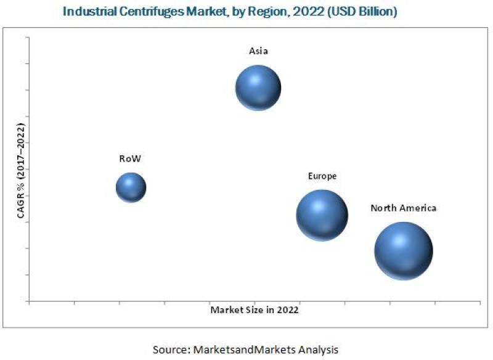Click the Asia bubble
(x=258, y=88)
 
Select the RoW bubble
(x=131, y=187)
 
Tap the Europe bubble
(x=322, y=215)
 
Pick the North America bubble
(x=403, y=250)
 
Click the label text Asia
(x=258, y=52)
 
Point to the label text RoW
(x=130, y=158)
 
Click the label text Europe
(x=322, y=176)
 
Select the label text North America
(x=403, y=208)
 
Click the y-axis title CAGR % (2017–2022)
(x=20, y=171)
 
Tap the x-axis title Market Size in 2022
(x=254, y=310)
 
